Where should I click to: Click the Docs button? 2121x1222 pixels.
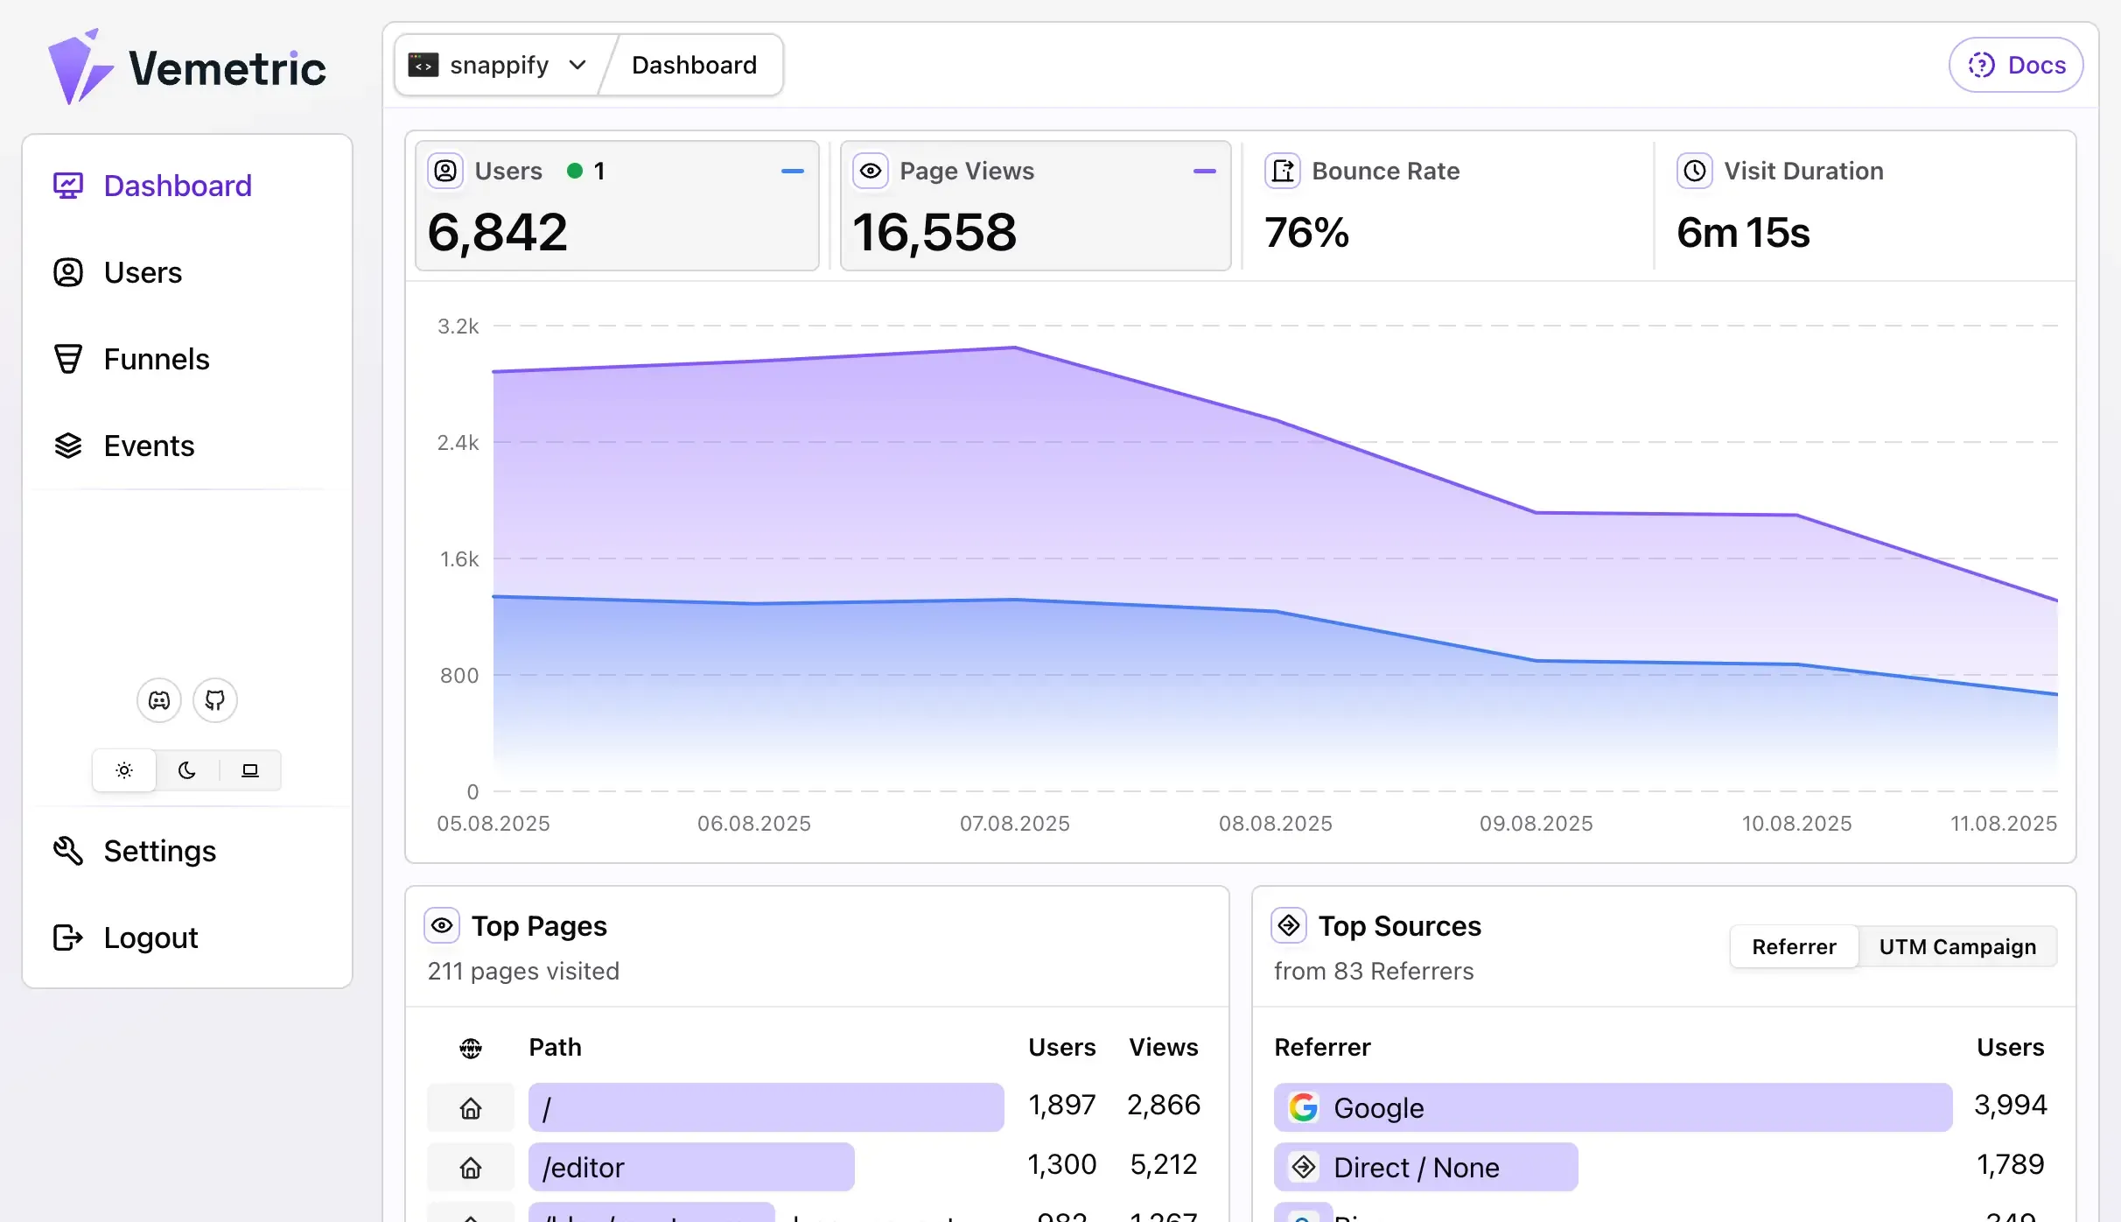2015,66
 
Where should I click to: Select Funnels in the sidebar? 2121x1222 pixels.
156,360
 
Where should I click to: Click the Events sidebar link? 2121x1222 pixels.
149,446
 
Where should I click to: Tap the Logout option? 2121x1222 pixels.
150,938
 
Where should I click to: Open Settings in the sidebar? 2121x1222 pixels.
159,852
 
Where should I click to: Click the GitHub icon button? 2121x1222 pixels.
215,700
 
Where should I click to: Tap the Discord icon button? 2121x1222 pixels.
159,700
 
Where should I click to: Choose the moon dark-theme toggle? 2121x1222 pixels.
187,770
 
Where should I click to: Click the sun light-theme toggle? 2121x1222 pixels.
124,770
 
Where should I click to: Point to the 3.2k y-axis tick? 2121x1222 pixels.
458,327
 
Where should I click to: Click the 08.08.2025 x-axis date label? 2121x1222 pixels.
1275,824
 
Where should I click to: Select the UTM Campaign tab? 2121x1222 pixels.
1957,947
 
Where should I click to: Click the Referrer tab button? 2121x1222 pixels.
1794,947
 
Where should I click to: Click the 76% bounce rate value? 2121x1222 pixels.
1306,233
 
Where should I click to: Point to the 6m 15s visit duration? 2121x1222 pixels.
1743,233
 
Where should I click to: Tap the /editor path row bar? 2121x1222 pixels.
691,1168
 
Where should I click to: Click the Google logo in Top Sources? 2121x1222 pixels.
1304,1108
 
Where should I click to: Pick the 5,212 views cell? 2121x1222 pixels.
1163,1165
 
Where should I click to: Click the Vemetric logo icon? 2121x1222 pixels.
79,68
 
